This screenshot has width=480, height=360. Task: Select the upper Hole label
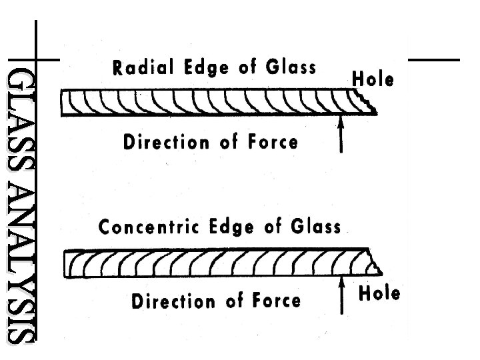pos(373,80)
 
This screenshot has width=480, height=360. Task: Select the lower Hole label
pos(379,293)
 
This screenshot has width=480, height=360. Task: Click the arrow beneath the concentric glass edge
pos(342,296)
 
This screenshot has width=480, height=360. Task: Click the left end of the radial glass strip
pos(64,103)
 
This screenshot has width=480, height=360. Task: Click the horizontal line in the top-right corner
pos(433,60)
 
